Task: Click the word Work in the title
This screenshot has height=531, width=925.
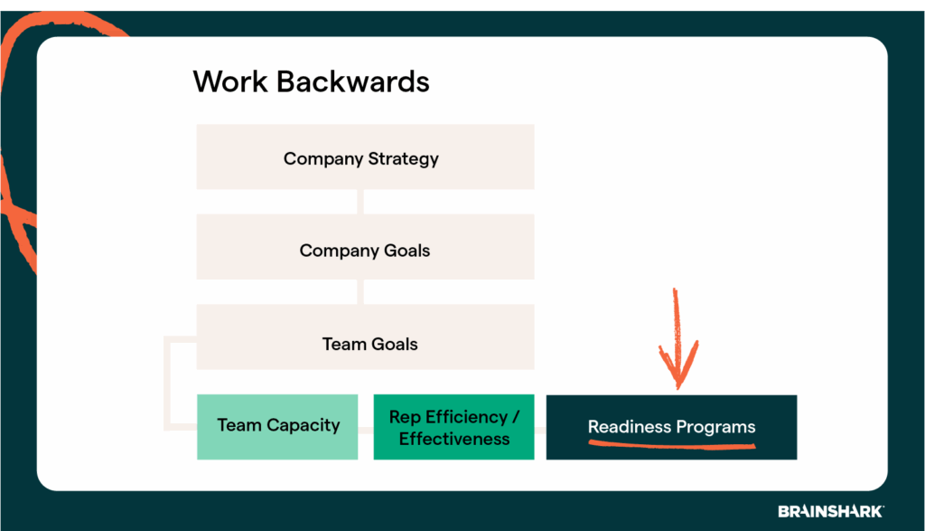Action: (x=230, y=81)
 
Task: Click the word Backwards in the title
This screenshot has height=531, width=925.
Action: (x=353, y=81)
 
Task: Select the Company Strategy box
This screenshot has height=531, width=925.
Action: (x=365, y=156)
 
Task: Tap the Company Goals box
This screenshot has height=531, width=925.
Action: (x=365, y=247)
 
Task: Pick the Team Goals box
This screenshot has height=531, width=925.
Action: (x=365, y=337)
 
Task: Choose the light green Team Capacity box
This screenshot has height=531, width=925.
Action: (x=277, y=427)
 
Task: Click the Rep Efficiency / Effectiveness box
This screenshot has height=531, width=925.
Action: (x=453, y=427)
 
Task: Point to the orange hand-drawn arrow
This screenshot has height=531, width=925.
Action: (x=677, y=339)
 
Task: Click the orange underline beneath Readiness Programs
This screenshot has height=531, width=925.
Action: (x=672, y=445)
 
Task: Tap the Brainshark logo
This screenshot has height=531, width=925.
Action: (x=831, y=511)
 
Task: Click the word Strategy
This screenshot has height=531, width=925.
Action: (x=404, y=159)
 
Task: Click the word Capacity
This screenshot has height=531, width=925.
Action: (x=304, y=425)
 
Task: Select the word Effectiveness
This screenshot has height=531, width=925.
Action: (x=454, y=439)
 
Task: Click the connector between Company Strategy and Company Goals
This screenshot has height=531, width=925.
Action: (x=360, y=202)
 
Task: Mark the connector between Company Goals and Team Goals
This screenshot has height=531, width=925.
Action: (x=360, y=292)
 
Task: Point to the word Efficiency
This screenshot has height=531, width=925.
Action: (x=467, y=417)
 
